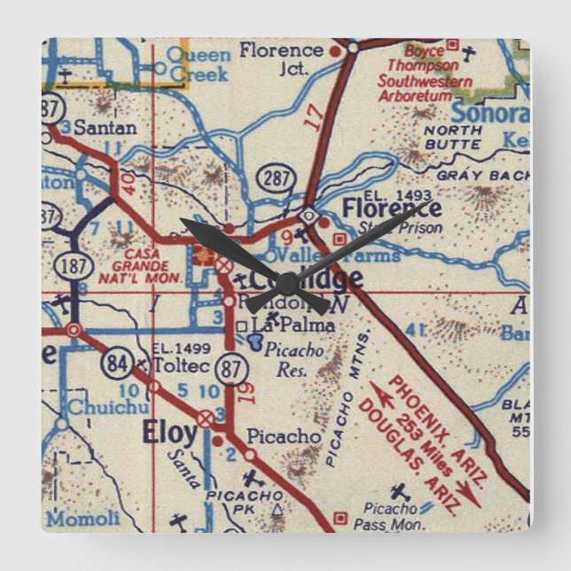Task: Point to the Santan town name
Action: tap(105, 128)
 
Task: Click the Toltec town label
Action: tap(174, 364)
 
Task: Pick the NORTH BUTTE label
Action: tap(453, 136)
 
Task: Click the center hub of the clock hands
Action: tap(286, 282)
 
